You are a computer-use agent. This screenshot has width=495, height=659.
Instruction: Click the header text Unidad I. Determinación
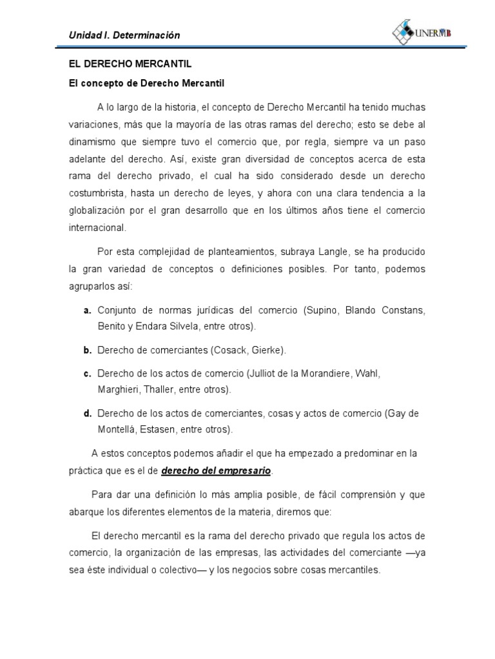(x=125, y=35)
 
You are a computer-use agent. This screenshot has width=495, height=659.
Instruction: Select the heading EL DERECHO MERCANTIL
(x=130, y=65)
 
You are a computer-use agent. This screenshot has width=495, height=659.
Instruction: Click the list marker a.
(x=87, y=310)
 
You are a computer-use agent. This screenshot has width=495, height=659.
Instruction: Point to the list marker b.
(x=87, y=350)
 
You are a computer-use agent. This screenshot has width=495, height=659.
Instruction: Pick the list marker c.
(x=87, y=373)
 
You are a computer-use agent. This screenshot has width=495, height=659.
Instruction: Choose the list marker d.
(x=87, y=413)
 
